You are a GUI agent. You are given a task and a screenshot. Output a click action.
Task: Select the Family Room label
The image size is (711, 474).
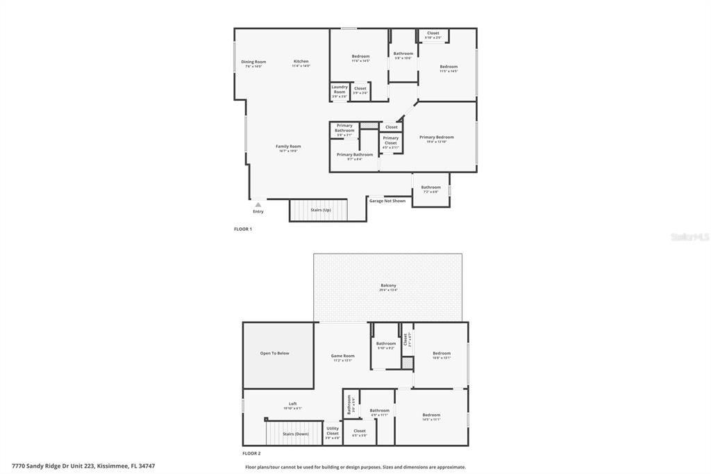pyautogui.click(x=288, y=147)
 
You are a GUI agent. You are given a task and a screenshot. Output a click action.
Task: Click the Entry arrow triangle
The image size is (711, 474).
pyautogui.click(x=258, y=205)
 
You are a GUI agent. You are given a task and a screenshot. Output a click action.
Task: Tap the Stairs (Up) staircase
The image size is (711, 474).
pyautogui.click(x=317, y=210)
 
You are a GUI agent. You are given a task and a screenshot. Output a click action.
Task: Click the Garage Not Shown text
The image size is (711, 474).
pyautogui.click(x=387, y=201)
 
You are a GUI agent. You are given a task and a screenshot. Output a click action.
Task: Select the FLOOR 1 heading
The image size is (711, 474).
pyautogui.click(x=242, y=229)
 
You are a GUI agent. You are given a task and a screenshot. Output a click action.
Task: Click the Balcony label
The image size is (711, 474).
pyautogui.click(x=388, y=286)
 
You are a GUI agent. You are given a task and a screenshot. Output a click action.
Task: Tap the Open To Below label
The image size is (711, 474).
pyautogui.click(x=274, y=354)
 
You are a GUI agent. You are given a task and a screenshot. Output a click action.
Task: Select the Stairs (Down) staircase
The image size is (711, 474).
pyautogui.click(x=295, y=434)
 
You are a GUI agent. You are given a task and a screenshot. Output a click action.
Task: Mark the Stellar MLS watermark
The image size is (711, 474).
pyautogui.click(x=689, y=237)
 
